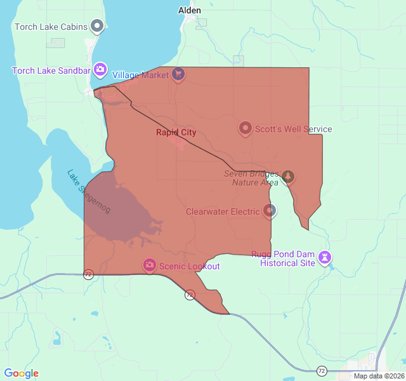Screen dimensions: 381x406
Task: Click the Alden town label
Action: (x=190, y=10)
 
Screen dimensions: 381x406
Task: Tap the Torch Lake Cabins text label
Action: (x=51, y=27)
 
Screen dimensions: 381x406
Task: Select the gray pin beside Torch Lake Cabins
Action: (x=97, y=26)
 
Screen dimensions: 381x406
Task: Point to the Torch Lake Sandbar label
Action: (x=51, y=70)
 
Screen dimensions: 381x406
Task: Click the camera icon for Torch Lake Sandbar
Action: (x=100, y=69)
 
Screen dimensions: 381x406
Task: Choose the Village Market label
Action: (x=140, y=75)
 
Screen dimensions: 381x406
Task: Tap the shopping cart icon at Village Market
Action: (x=178, y=74)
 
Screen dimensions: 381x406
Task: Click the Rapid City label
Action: (x=176, y=133)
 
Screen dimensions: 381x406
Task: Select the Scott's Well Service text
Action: (x=293, y=130)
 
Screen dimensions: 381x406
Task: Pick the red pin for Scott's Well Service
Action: (x=245, y=128)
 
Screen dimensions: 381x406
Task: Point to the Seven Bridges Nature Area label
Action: (x=251, y=178)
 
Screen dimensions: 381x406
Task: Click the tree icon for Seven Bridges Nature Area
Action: (x=288, y=176)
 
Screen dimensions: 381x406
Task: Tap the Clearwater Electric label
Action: (x=223, y=211)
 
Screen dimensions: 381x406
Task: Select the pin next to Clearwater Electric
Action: (x=270, y=210)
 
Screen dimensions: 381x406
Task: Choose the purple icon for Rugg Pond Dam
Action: (x=325, y=257)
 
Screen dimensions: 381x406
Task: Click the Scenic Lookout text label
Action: (x=189, y=266)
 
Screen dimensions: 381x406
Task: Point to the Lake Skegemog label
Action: (x=89, y=190)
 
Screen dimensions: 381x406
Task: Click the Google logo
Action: (x=22, y=373)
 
